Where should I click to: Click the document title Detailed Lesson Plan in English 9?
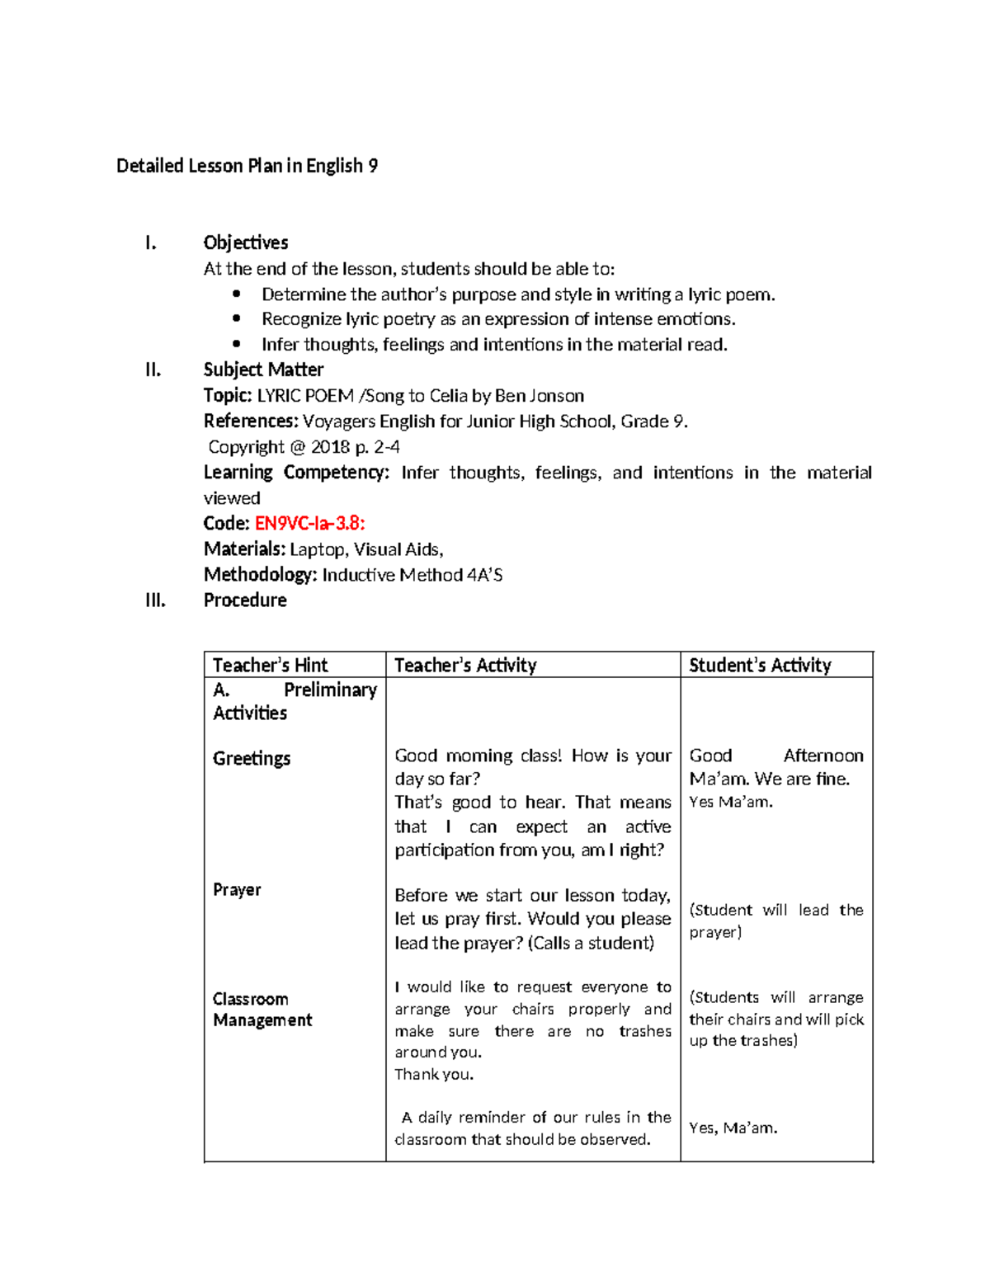coord(247,166)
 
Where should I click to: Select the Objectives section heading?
coord(245,243)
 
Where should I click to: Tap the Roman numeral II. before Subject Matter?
coord(153,370)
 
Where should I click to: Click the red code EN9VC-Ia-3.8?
coord(309,523)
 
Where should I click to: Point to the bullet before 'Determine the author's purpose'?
coord(237,294)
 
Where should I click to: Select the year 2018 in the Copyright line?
coord(330,447)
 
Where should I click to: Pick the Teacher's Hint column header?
coord(270,665)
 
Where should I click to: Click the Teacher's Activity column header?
coord(465,665)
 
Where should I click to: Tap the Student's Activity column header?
coord(760,665)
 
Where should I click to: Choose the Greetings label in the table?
coord(252,758)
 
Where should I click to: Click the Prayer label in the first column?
coord(237,889)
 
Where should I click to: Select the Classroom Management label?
coord(262,1010)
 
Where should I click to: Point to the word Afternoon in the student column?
coord(823,756)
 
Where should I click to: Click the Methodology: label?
coord(260,575)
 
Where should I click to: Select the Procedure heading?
coord(245,600)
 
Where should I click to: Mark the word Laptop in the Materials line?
coord(318,549)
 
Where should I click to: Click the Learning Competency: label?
coord(295,473)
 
